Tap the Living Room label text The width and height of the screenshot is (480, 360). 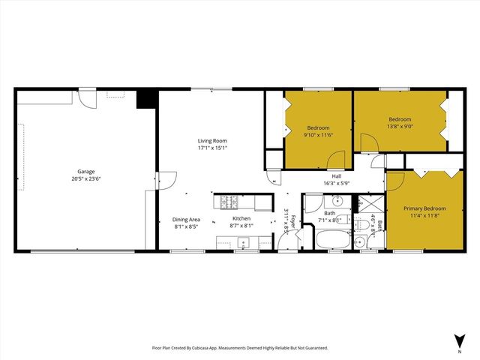point(212,140)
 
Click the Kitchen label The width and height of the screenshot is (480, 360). point(241,217)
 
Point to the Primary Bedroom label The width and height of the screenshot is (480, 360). point(424,208)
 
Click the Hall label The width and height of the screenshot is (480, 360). point(337,176)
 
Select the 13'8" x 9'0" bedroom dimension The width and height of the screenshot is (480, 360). point(399,126)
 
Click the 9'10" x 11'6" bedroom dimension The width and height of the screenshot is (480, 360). point(317,133)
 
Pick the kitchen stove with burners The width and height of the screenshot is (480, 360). point(226,202)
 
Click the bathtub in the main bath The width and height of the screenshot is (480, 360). point(329,241)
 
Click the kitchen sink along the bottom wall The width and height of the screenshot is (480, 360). point(242,242)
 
